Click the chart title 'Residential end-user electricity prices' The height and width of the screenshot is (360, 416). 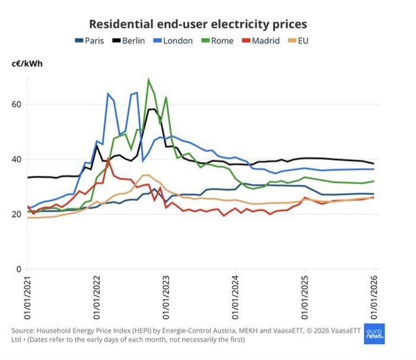(x=198, y=24)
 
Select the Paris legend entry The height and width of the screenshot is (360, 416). (x=89, y=41)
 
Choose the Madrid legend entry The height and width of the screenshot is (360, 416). (x=260, y=41)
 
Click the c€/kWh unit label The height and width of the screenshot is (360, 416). (x=27, y=64)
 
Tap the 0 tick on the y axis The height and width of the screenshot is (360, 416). (x=19, y=269)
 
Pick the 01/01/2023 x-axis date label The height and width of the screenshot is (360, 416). (x=166, y=299)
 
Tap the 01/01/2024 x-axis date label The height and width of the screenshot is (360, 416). (x=235, y=299)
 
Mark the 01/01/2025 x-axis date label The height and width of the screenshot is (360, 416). (x=305, y=299)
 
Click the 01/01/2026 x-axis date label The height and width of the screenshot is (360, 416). (x=374, y=299)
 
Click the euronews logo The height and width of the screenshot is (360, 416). (x=374, y=333)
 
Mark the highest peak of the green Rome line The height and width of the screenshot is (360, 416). (x=148, y=79)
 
